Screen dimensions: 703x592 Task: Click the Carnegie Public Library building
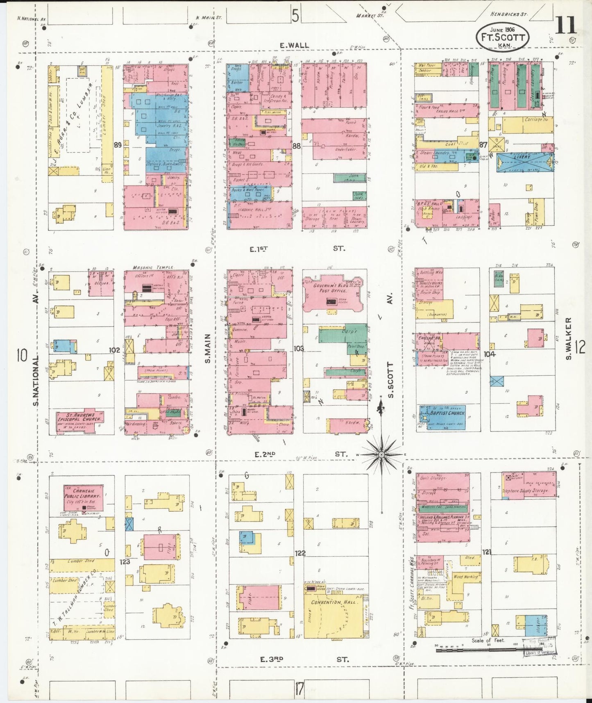pyautogui.click(x=84, y=498)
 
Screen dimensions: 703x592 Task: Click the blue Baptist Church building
pyautogui.click(x=442, y=417)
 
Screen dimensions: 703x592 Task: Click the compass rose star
pyautogui.click(x=381, y=454)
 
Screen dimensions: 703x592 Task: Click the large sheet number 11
pyautogui.click(x=566, y=25)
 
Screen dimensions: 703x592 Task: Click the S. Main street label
pyautogui.click(x=208, y=348)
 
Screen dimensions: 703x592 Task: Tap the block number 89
pyautogui.click(x=118, y=145)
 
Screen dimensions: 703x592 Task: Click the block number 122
pyautogui.click(x=300, y=553)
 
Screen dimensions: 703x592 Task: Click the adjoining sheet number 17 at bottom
pyautogui.click(x=299, y=689)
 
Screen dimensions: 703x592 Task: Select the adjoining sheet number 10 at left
pyautogui.click(x=22, y=355)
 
